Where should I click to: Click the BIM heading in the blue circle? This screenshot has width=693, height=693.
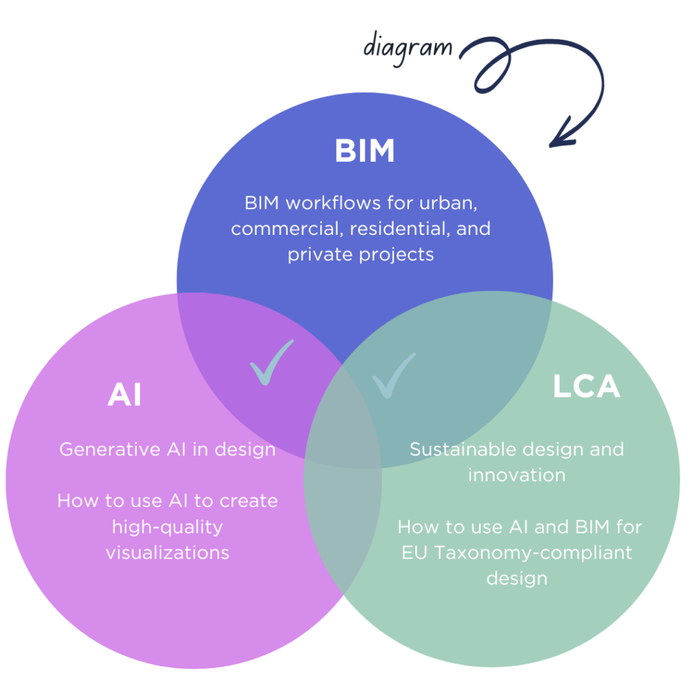(364, 152)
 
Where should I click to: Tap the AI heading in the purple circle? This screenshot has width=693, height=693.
(124, 395)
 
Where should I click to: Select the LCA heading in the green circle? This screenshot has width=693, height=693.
(586, 386)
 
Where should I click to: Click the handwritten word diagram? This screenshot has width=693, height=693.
(407, 47)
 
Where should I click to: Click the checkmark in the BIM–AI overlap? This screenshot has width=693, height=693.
(271, 363)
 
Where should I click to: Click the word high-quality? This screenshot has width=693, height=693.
(167, 527)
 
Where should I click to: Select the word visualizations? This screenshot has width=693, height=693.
(167, 552)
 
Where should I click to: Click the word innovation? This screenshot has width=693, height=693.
(516, 475)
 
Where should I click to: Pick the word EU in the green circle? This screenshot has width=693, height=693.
(414, 552)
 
